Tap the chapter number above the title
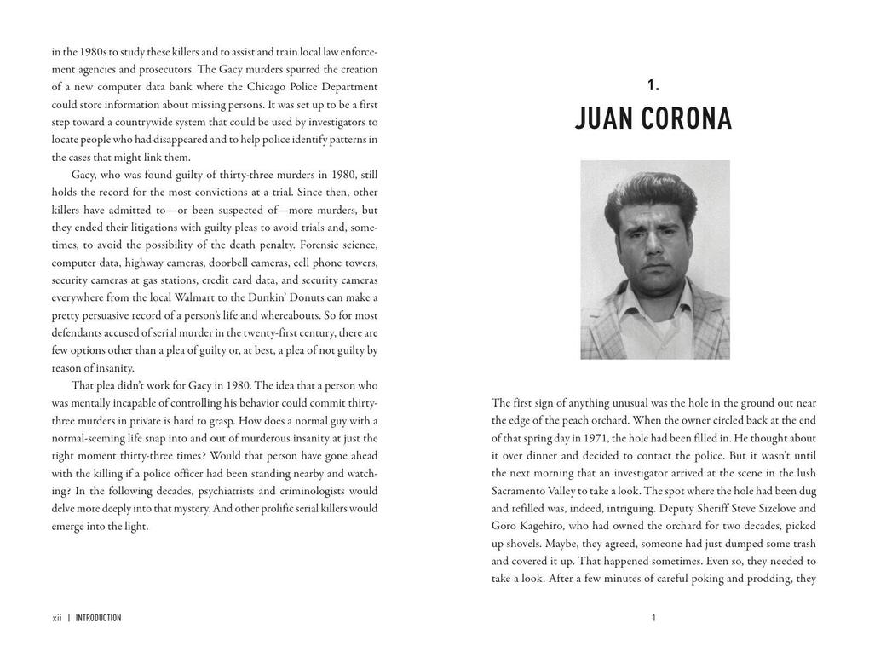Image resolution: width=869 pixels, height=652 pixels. [x=653, y=85]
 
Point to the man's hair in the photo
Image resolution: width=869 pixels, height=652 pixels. [x=652, y=189]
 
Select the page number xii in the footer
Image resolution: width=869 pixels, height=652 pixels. [x=57, y=618]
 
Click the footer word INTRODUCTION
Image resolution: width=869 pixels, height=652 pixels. [x=98, y=618]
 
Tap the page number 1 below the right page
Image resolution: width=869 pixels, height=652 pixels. [x=653, y=618]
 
